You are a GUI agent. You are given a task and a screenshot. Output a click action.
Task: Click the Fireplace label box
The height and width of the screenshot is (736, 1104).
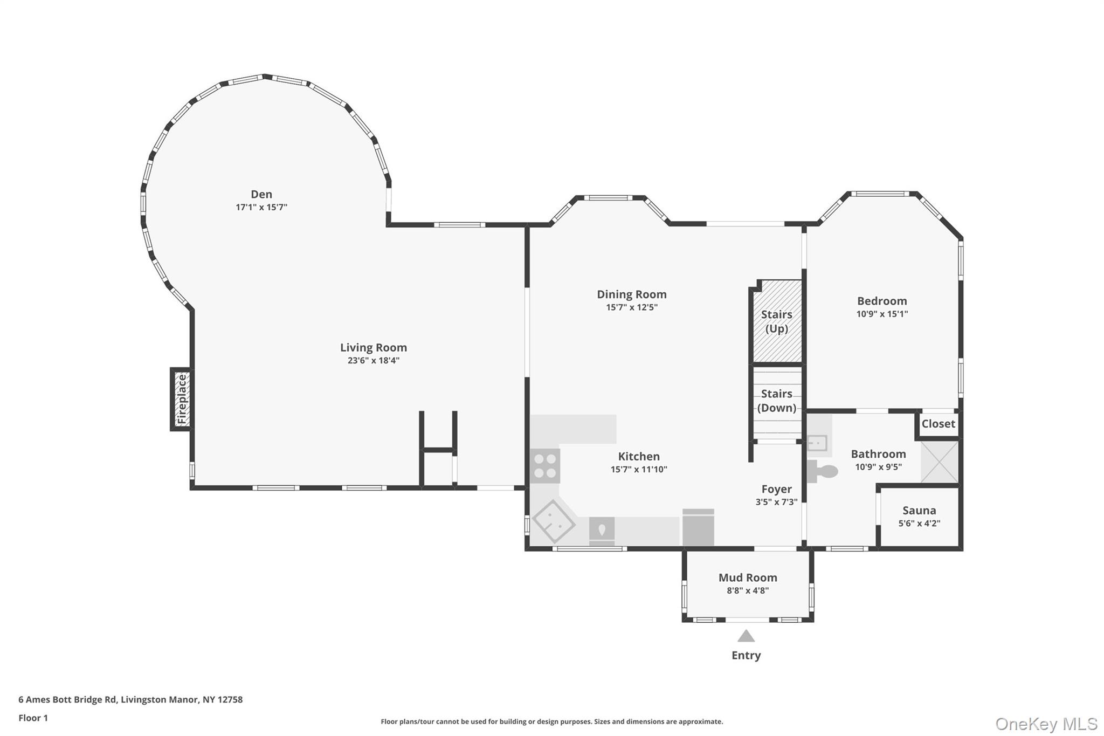[182, 399]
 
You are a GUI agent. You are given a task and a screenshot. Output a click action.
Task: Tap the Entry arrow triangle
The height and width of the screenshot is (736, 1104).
[746, 637]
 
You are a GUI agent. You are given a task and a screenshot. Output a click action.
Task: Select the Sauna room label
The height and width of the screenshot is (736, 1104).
[919, 510]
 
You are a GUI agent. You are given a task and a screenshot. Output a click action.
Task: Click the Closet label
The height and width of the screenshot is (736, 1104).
[938, 424]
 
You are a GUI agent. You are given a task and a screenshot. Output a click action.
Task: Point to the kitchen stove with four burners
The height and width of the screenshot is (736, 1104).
[545, 466]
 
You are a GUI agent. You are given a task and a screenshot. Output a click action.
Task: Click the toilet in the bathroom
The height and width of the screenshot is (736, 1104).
[823, 471]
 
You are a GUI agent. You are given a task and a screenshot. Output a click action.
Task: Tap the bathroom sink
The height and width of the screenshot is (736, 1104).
[817, 443]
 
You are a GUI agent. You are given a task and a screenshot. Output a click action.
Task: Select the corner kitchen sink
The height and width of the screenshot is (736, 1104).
[553, 521]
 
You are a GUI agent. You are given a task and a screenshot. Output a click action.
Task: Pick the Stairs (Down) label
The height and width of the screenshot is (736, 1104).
[777, 401]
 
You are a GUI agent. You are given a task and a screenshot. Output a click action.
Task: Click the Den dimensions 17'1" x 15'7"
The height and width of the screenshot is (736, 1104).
[261, 207]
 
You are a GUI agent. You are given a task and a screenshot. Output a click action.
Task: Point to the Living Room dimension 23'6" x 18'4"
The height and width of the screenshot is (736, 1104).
[373, 361]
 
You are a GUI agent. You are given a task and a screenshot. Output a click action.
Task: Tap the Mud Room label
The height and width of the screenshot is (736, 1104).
[748, 577]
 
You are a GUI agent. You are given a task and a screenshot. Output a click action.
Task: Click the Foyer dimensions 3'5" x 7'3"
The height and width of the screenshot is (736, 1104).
[776, 502]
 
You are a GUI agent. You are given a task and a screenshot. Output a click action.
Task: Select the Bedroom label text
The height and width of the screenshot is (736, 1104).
[882, 301]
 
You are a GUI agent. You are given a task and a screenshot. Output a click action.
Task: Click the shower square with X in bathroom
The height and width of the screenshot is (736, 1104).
[940, 462]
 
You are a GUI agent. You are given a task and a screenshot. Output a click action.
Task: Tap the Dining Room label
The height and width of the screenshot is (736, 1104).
[631, 294]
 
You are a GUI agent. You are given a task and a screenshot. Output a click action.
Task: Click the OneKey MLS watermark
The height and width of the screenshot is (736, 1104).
[1046, 724]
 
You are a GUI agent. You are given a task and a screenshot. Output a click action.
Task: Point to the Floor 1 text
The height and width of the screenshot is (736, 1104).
[33, 718]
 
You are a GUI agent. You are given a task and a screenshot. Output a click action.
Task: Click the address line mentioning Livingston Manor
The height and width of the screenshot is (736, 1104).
[130, 699]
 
